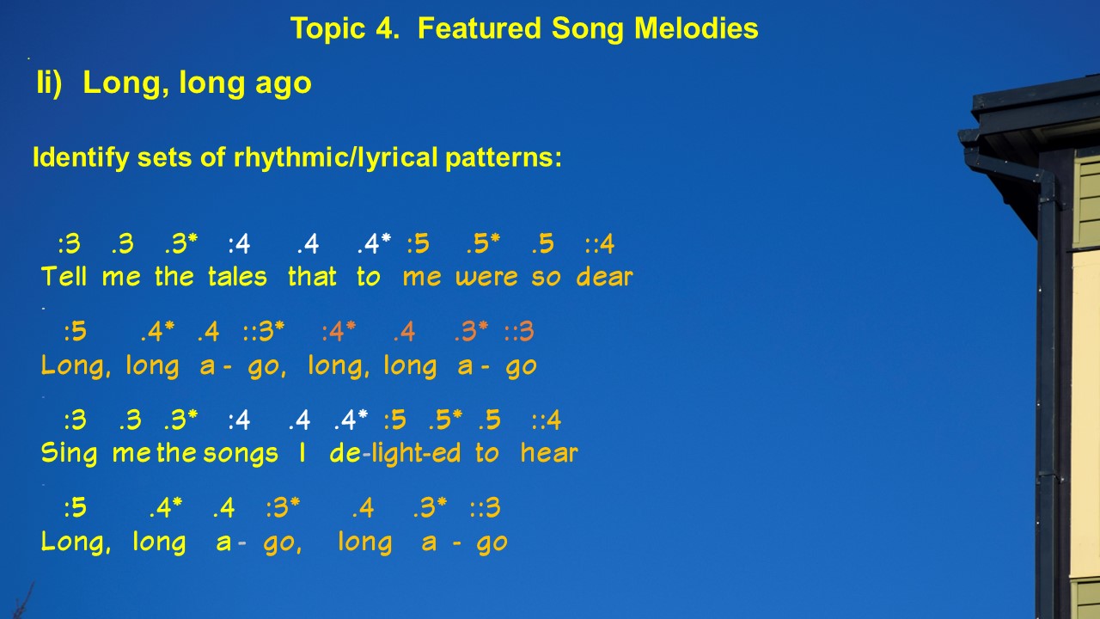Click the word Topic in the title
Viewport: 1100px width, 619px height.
(328, 28)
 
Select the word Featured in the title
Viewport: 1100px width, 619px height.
(480, 28)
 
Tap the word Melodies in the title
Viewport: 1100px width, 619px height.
(696, 28)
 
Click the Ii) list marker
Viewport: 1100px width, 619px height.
(50, 83)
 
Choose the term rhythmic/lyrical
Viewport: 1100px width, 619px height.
(335, 158)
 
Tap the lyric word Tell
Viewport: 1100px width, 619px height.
(64, 276)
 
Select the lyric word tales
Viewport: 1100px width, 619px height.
(237, 276)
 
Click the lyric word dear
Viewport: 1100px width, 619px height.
(604, 277)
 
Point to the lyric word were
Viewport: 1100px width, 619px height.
(486, 278)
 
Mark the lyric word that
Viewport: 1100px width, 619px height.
(312, 276)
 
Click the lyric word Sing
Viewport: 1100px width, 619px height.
(69, 453)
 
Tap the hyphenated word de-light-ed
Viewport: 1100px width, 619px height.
(395, 453)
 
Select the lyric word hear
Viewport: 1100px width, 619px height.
(549, 452)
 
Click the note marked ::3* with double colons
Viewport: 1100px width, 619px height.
(264, 332)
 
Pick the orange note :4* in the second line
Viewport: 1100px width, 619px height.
(339, 332)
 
